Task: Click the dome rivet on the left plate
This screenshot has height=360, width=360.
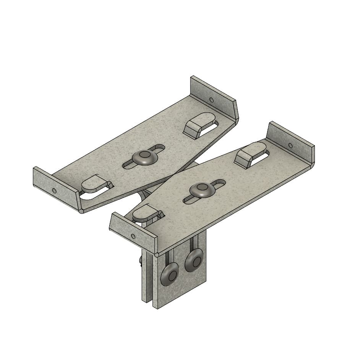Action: (145, 156)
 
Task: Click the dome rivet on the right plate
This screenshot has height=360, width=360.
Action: (202, 190)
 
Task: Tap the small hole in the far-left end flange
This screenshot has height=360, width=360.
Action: (54, 190)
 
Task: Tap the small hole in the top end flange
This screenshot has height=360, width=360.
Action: (211, 100)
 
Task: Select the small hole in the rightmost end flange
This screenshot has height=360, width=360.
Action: (290, 145)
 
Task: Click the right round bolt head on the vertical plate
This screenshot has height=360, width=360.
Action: (194, 261)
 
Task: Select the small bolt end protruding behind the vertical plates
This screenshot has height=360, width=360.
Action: (141, 261)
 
